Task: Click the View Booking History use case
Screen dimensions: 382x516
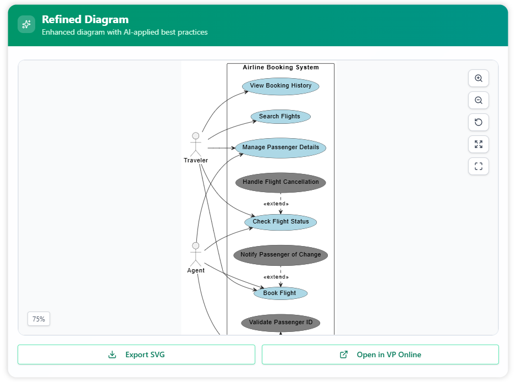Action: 281,86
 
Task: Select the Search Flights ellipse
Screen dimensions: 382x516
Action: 281,117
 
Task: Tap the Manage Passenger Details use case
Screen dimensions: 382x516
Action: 281,148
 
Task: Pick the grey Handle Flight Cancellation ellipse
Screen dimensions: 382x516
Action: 281,182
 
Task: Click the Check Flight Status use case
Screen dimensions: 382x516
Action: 281,222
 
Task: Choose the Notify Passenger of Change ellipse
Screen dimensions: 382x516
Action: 281,255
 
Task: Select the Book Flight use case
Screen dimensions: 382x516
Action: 280,293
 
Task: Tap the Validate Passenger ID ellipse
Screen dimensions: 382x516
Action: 281,323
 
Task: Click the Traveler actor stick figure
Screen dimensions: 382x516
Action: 195,144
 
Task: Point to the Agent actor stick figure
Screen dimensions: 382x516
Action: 195,254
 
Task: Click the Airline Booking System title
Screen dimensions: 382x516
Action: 281,68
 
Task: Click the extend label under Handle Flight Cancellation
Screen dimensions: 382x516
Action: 276,204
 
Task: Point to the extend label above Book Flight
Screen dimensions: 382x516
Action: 276,277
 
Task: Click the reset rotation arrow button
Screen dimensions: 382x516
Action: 479,122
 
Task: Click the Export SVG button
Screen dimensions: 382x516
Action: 136,354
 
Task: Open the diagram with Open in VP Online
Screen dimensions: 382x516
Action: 380,354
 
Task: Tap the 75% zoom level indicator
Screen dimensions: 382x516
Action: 39,319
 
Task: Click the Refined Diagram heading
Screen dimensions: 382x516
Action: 85,20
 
